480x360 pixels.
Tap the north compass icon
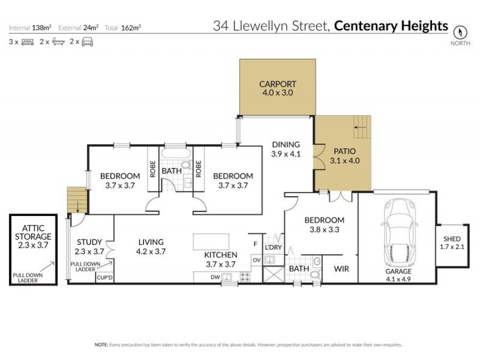coord(460,31)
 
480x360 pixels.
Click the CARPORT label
coord(277,84)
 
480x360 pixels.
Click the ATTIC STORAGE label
coord(34,232)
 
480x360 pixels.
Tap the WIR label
coord(341,269)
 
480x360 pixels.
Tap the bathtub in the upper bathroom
coord(177,164)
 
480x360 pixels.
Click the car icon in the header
coord(87,42)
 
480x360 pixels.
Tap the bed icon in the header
coord(27,42)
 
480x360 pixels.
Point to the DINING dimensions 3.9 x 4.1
coord(286,154)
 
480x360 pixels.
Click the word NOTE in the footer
coord(100,345)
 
